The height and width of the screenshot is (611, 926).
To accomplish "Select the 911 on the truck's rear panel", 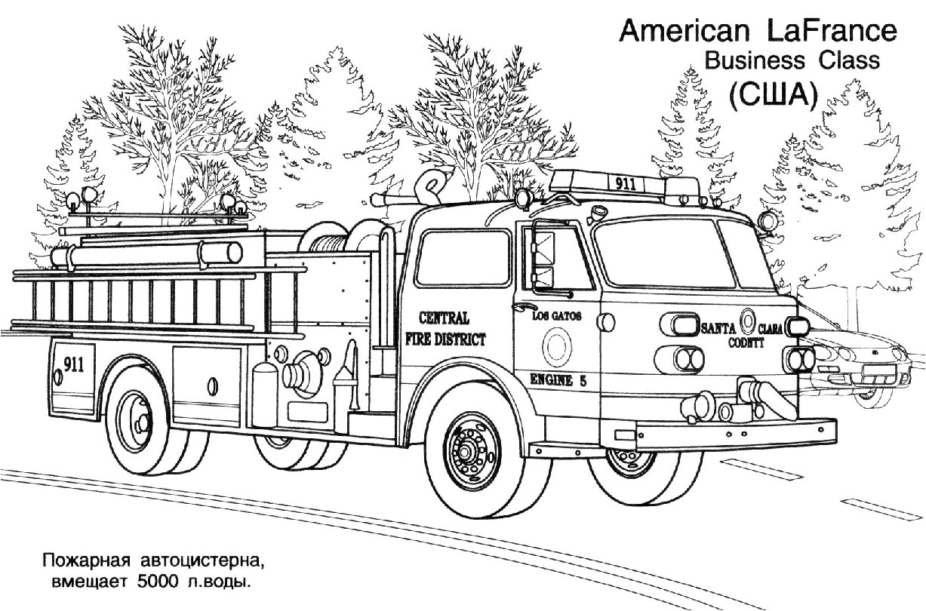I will (73, 364).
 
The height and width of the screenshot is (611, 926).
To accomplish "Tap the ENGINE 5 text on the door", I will (558, 380).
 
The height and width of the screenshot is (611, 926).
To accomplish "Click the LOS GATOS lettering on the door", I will (557, 317).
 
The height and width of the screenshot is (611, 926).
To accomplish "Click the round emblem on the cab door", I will (558, 346).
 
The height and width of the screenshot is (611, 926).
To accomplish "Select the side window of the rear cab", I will (463, 257).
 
